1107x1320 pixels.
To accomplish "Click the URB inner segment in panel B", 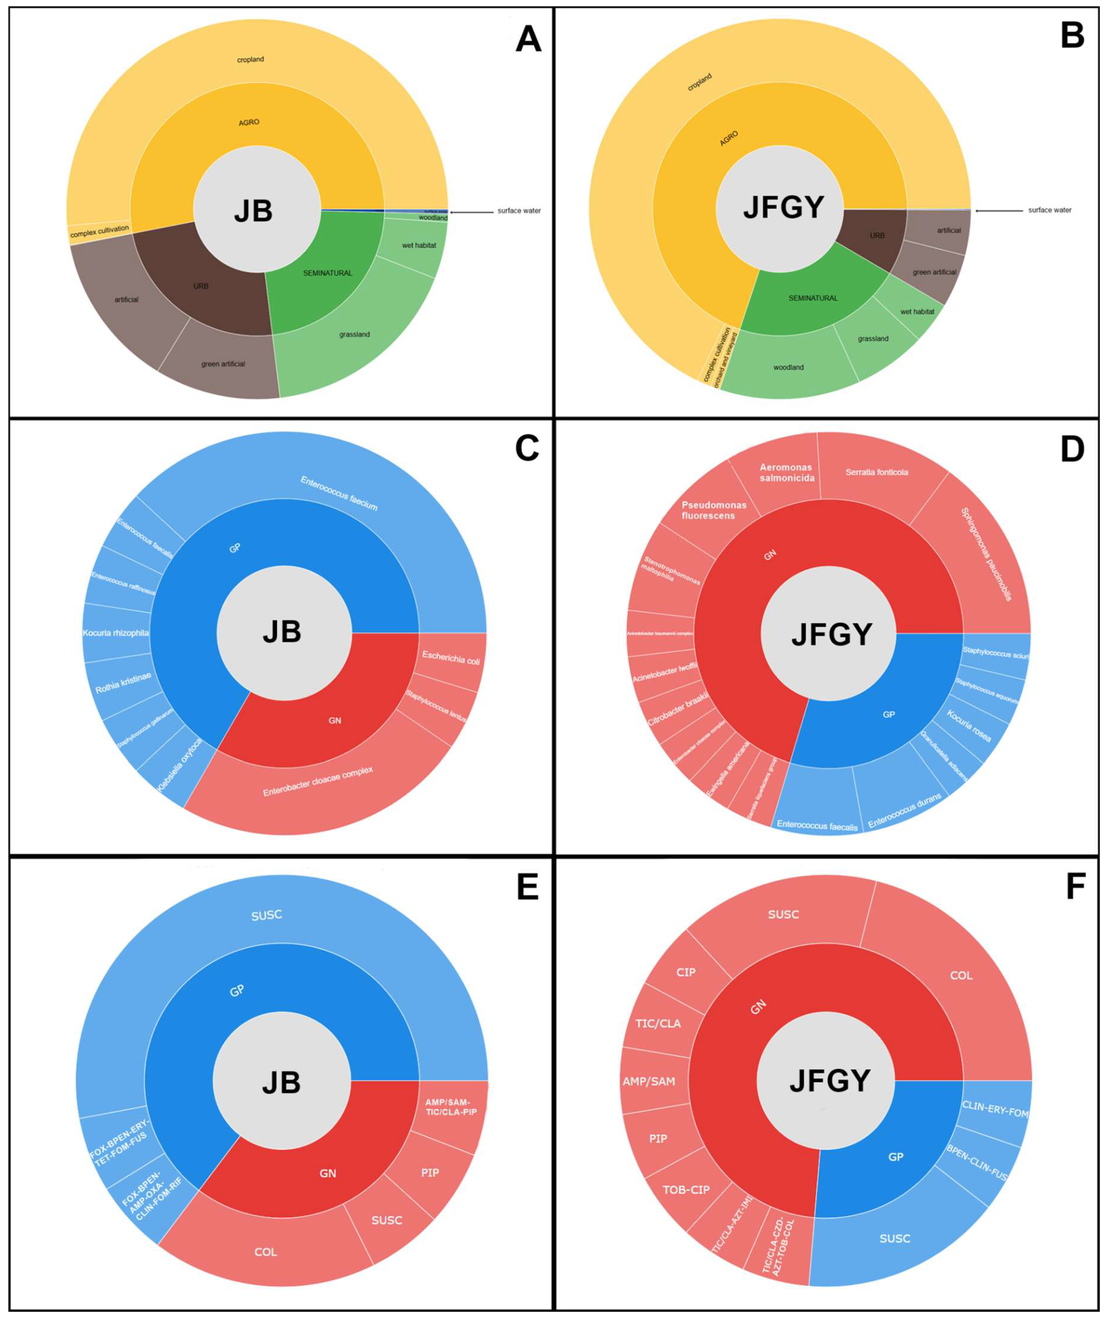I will (876, 236).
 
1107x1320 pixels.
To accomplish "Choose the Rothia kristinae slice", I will (123, 683).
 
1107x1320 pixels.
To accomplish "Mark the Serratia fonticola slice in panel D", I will (876, 473).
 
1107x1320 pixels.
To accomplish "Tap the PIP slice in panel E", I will (430, 1173).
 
